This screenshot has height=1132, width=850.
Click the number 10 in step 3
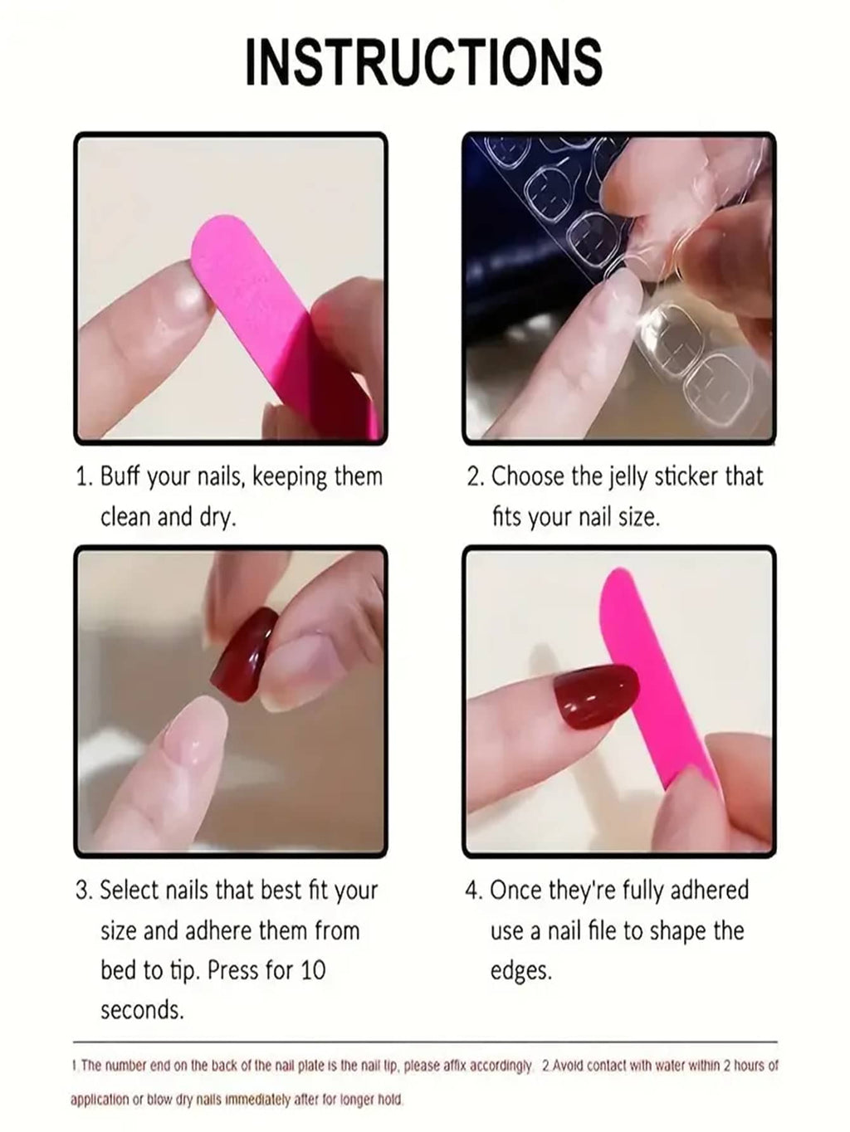(312, 969)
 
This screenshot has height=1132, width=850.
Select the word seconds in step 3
(141, 1010)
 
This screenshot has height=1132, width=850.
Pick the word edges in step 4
(520, 970)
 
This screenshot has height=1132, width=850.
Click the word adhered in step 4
(709, 890)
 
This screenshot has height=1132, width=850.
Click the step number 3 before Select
(83, 890)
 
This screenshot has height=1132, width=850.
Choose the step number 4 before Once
(473, 890)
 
